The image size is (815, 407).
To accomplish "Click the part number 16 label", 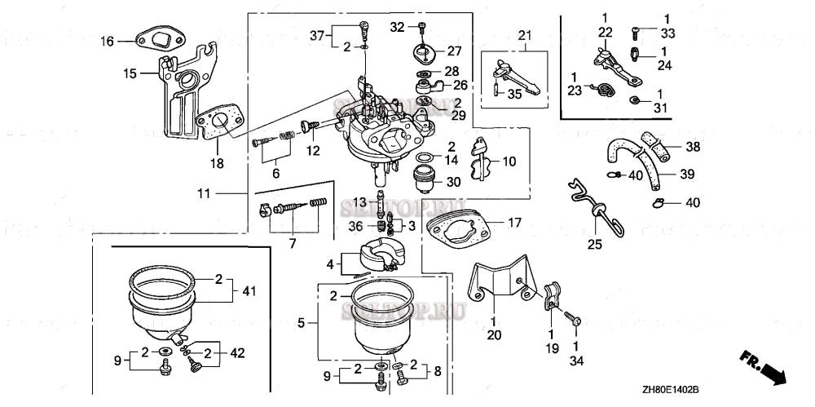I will pos(108,41).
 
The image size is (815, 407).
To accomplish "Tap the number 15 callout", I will pos(130,73).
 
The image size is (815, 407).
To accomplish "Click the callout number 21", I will pos(523,34).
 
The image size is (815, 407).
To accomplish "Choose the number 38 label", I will pos(693,148).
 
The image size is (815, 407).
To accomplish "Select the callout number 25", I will pos(595,244).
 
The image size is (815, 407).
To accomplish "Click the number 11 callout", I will pos(204,193).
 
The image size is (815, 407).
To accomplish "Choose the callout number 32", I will pos(397,27).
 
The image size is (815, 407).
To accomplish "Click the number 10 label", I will pos(509,161).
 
